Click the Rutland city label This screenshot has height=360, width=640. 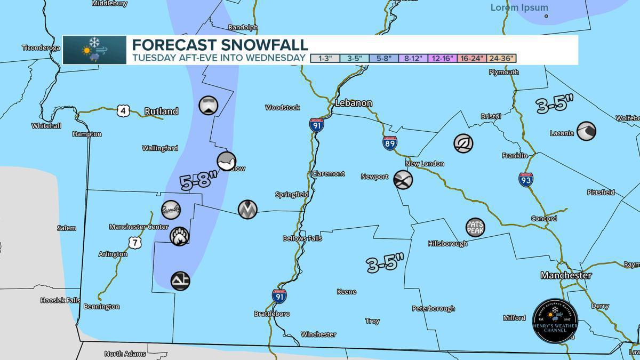click(161, 111)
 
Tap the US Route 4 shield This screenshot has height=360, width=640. click(123, 111)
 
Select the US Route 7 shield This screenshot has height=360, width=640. click(135, 243)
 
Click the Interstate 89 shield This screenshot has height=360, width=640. click(390, 142)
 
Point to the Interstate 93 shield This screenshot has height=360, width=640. click(526, 179)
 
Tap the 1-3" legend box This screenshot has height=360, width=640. click(325, 58)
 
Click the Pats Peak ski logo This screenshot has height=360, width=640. click(475, 227)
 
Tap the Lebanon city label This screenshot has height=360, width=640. click(354, 103)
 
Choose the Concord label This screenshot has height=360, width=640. click(544, 219)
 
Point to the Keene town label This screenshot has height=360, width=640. click(347, 292)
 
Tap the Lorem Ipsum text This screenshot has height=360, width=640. click(519, 7)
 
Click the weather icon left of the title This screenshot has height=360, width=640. click(94, 50)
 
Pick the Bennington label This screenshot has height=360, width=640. click(101, 307)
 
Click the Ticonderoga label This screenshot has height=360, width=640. click(41, 47)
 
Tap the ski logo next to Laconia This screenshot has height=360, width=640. click(586, 131)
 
